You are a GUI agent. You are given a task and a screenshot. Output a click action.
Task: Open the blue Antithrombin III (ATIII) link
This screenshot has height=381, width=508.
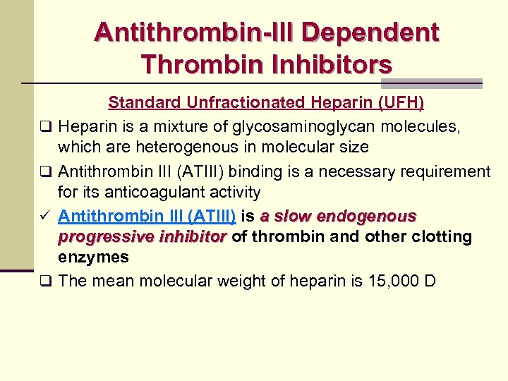tap(147, 216)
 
